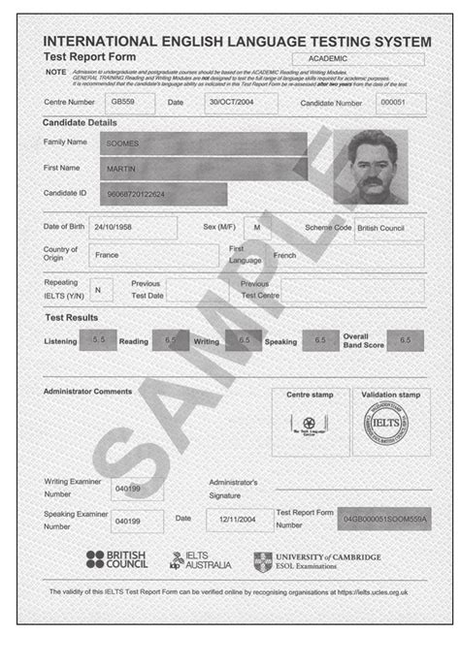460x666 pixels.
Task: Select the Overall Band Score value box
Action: click(405, 340)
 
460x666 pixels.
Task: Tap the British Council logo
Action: click(116, 559)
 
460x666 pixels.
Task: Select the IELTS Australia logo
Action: click(201, 560)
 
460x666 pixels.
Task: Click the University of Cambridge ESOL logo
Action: click(317, 560)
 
